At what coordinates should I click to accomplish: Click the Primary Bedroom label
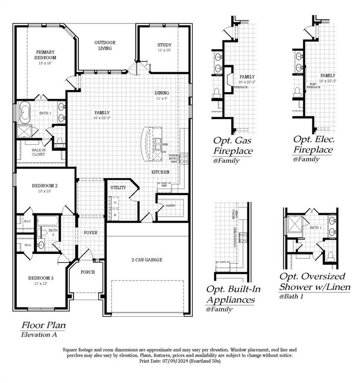point(45,54)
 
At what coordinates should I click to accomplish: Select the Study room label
point(164,45)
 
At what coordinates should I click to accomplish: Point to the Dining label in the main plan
point(162,93)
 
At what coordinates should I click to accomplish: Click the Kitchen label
point(161,172)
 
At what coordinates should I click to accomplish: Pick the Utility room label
point(118,188)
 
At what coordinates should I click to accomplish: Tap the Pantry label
point(171,205)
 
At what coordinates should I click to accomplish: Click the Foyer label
point(91,232)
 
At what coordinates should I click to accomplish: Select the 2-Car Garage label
point(147,260)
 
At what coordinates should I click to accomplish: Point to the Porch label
point(88,272)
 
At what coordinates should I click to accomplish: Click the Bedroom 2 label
point(44,186)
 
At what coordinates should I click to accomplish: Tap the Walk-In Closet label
point(38,152)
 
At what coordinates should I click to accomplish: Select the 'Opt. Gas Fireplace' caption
point(233,145)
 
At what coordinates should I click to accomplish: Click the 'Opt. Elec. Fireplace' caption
point(313,144)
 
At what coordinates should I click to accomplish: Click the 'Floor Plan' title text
point(43,325)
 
